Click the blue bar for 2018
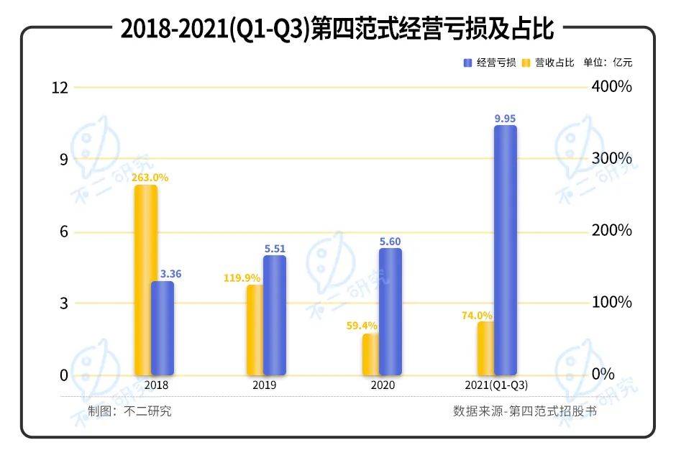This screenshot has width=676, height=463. tap(163, 328)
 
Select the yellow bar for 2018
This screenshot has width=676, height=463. tap(146, 280)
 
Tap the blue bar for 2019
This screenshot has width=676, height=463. tap(275, 315)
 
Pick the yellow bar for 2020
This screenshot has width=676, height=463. tap(370, 354)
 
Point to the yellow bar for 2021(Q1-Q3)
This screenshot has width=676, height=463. tap(485, 348)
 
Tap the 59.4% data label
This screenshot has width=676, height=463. tap(362, 326)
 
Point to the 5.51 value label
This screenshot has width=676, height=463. tap(275, 248)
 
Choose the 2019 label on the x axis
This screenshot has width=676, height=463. tap(264, 385)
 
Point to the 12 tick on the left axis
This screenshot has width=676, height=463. tap(60, 88)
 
